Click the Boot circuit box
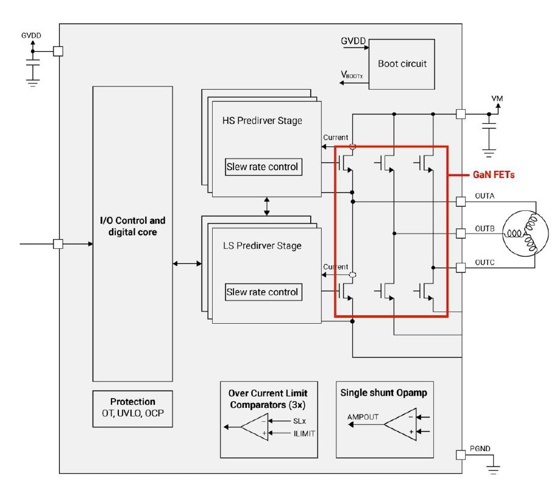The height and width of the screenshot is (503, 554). pyautogui.click(x=402, y=64)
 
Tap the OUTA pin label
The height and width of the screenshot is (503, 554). pyautogui.click(x=484, y=196)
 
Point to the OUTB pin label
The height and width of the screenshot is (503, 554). pyautogui.click(x=484, y=229)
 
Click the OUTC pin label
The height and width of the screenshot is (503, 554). pyautogui.click(x=484, y=263)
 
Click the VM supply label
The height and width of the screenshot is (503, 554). pyautogui.click(x=497, y=98)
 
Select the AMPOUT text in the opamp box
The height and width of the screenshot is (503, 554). pyautogui.click(x=363, y=417)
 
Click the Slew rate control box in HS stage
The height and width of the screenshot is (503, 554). pyautogui.click(x=263, y=166)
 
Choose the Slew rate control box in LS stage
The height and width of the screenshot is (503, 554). pyautogui.click(x=263, y=292)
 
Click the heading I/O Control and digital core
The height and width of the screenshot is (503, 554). pyautogui.click(x=132, y=226)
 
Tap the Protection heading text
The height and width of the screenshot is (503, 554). pyautogui.click(x=132, y=402)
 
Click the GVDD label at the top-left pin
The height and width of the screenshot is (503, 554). pyautogui.click(x=31, y=36)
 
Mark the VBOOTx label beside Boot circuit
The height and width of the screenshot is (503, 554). pyautogui.click(x=352, y=75)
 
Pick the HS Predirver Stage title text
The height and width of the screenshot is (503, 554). pyautogui.click(x=262, y=121)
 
